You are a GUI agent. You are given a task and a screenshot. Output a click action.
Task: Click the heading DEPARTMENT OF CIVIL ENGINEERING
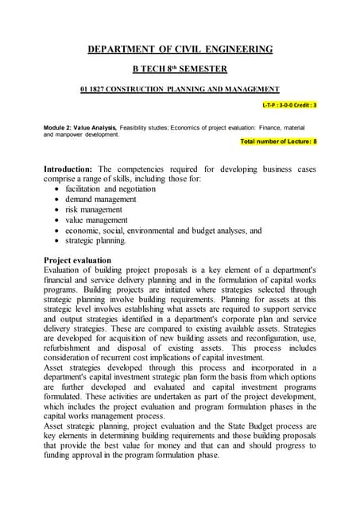tap(180, 49)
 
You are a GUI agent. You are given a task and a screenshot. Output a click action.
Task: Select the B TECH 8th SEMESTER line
tap(180, 69)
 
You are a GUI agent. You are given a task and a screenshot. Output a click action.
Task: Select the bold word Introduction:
tap(68, 169)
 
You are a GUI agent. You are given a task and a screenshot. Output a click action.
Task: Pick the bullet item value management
tap(96, 220)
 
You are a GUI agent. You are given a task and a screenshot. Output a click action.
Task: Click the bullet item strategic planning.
tap(95, 240)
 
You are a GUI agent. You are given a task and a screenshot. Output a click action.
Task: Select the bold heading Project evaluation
tap(77, 260)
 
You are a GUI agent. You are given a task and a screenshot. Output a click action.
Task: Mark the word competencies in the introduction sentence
tap(140, 169)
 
